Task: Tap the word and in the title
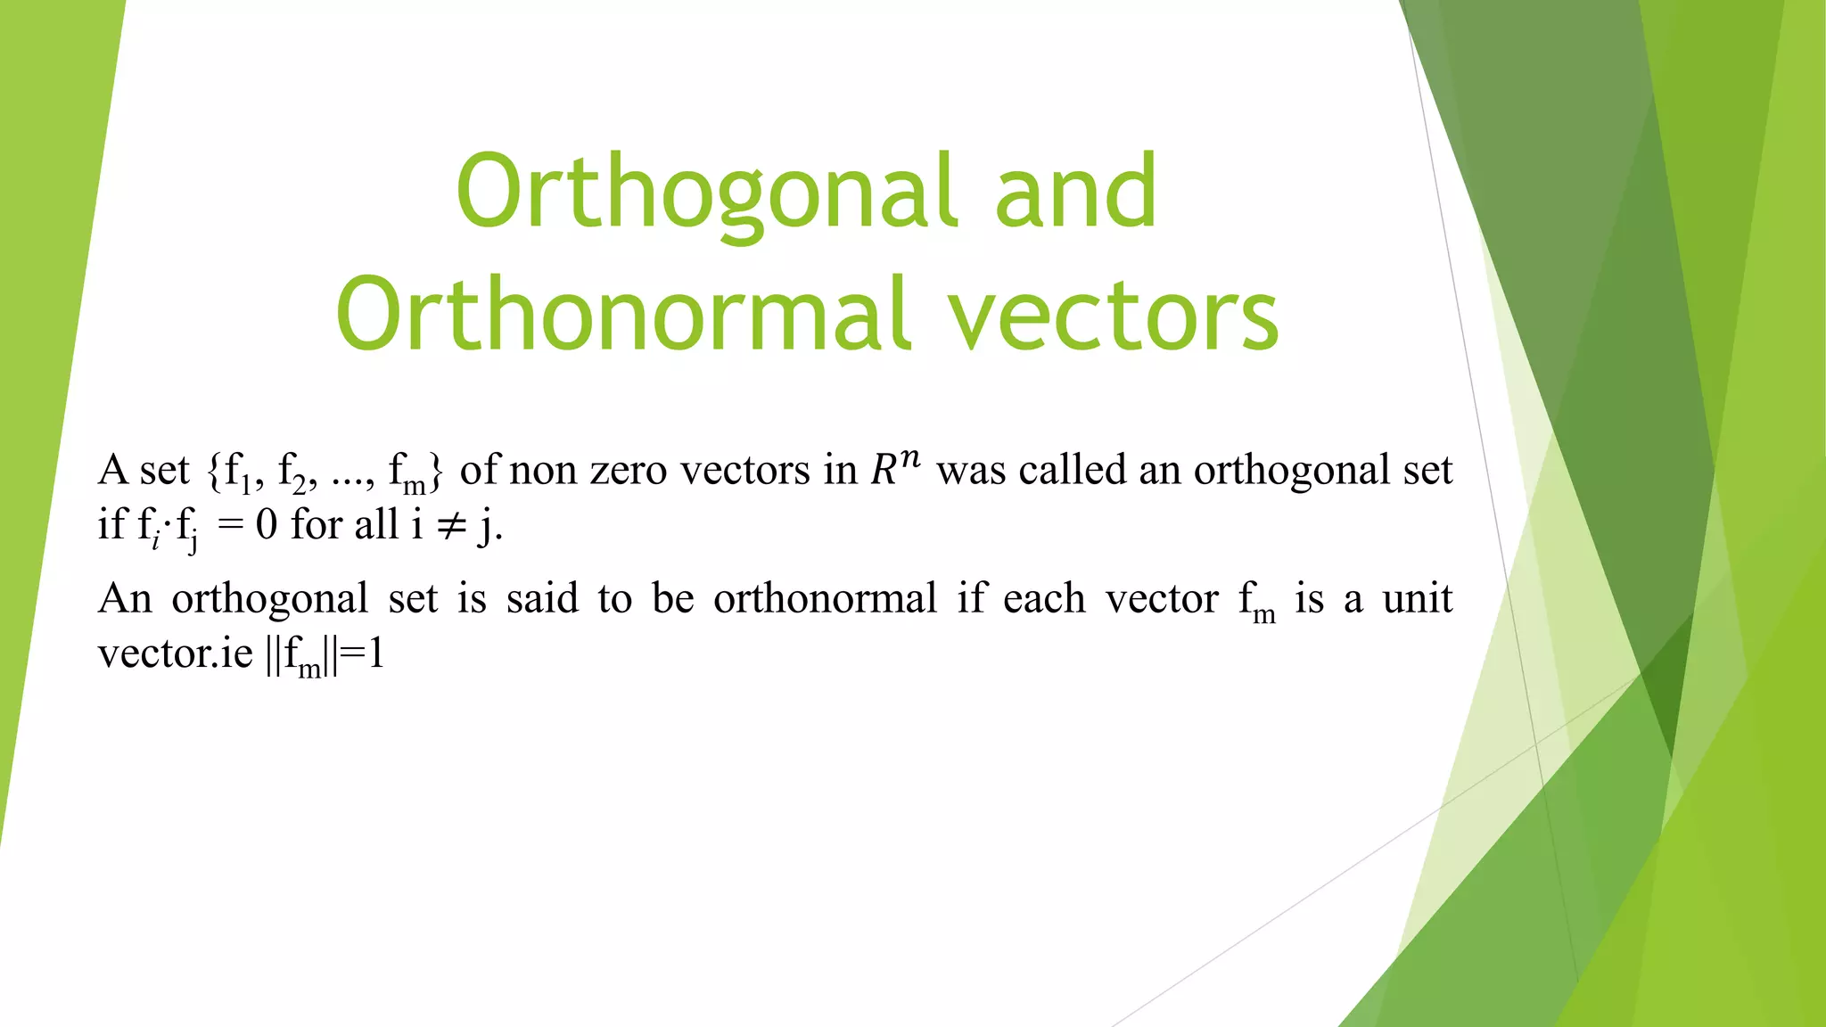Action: [x=1075, y=192]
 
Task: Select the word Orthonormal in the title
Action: [x=623, y=315]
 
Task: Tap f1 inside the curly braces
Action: [x=237, y=472]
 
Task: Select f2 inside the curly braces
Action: [x=292, y=472]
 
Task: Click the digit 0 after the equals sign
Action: [x=266, y=525]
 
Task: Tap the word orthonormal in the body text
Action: [x=825, y=598]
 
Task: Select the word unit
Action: [x=1418, y=598]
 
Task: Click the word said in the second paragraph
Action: [x=542, y=598]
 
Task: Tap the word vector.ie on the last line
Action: [x=176, y=654]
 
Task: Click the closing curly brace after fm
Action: [x=435, y=472]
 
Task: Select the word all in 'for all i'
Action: [x=376, y=524]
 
